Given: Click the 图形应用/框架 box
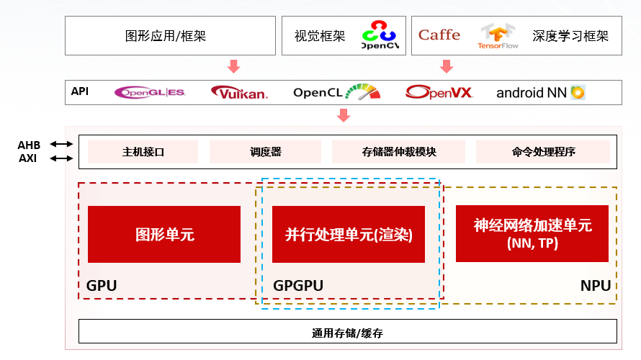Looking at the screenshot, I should point(170,36).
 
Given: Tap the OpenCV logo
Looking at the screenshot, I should point(379,36).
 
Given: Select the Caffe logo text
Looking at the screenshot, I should point(439,35).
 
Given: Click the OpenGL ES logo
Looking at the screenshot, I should point(151,92).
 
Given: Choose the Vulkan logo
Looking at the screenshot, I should point(239,92).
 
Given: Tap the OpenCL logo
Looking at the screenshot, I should point(335,92).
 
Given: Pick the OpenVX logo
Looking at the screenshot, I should point(439,92).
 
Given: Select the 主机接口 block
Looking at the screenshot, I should point(143,152).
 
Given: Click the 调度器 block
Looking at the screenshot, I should point(265,152).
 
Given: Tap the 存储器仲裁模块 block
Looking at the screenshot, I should point(398,152).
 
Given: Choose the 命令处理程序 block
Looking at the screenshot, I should point(543,152).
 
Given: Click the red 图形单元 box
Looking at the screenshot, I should point(164,234).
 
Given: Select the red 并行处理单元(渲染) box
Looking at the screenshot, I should point(349,234).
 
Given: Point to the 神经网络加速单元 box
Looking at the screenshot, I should point(532,233).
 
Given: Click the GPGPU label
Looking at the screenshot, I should point(298,286).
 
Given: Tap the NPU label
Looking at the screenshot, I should point(596,286).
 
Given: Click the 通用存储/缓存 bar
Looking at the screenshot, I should point(347,332).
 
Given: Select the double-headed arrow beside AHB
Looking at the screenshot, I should point(61,144).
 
